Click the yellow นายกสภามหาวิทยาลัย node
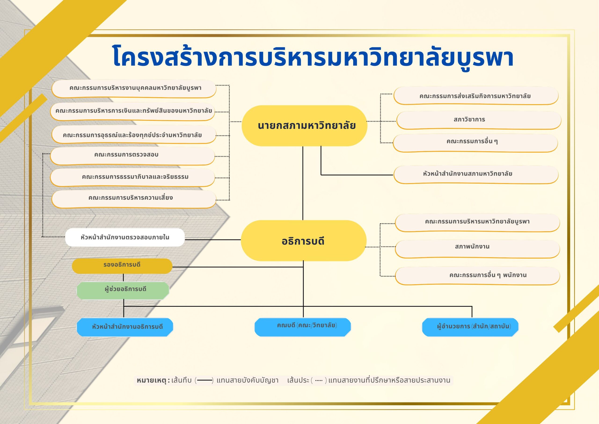tap(304, 125)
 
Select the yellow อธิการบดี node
tap(303, 240)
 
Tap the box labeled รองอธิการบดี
tap(122, 266)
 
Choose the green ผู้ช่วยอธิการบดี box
tap(123, 290)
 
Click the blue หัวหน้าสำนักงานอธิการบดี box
tap(125, 327)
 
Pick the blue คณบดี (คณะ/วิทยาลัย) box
tap(303, 327)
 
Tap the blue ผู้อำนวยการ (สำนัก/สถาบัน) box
tap(470, 327)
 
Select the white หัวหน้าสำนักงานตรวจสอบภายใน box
tap(125, 237)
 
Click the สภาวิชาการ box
tap(478, 120)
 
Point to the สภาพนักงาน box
tap(477, 249)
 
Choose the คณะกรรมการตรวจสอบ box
tap(132, 156)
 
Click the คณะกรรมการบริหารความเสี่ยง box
tap(134, 199)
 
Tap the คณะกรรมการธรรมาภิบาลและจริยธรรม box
tap(132, 177)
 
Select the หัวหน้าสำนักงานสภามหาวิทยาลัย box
tap(476, 174)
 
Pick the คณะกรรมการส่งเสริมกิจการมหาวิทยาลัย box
tap(476, 96)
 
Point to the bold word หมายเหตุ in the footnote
tap(151, 380)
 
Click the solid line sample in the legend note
tap(205, 380)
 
